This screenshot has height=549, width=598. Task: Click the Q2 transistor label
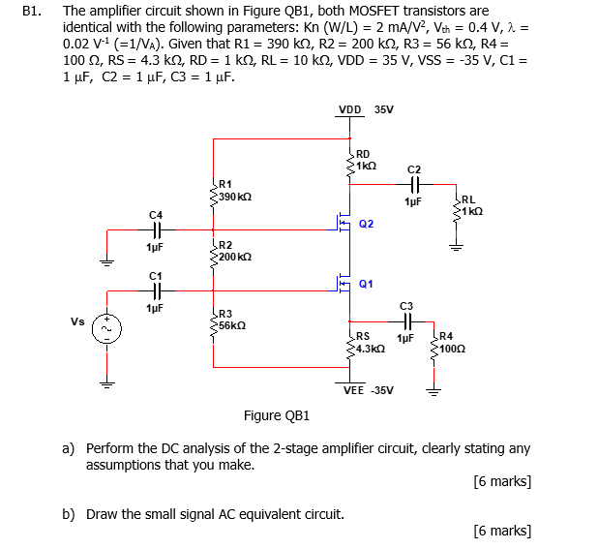click(366, 224)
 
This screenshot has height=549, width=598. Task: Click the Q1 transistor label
click(366, 284)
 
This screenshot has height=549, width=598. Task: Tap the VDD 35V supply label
click(366, 109)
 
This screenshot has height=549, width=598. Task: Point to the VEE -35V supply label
click(369, 390)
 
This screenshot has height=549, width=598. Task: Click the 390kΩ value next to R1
click(235, 197)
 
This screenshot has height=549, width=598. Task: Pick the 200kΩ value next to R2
click(235, 257)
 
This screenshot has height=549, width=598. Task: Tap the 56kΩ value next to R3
click(232, 325)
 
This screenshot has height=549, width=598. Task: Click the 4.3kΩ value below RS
click(371, 348)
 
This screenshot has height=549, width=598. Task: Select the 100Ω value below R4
click(453, 348)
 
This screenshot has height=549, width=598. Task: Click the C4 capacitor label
click(156, 213)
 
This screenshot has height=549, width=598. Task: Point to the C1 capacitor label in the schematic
click(156, 275)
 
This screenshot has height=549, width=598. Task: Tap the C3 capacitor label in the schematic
click(406, 305)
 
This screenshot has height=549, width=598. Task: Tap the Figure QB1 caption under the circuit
click(277, 415)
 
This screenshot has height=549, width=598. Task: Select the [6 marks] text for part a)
click(503, 481)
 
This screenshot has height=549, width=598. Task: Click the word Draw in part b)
click(102, 513)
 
